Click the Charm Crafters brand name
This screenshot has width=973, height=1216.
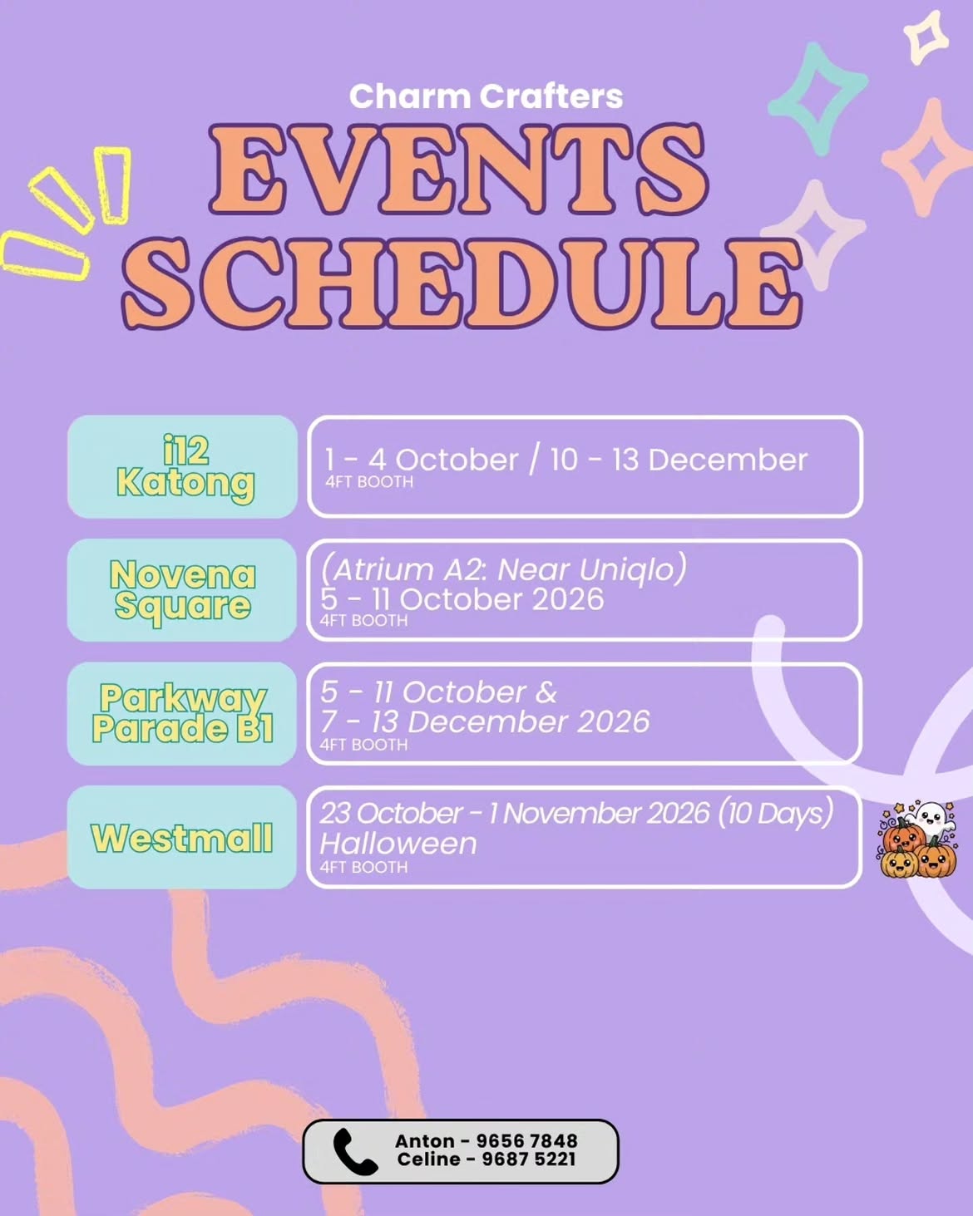point(486,96)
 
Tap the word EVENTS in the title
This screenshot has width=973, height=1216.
point(458,170)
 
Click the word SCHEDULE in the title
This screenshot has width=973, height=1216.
point(462,283)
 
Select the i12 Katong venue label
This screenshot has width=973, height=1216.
point(185,468)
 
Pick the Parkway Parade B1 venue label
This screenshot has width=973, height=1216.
point(183,713)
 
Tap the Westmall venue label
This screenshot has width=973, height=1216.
point(182,838)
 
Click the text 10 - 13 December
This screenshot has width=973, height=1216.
point(679,460)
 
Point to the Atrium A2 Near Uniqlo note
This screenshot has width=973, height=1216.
point(503,569)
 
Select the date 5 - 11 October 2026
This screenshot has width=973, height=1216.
point(462,599)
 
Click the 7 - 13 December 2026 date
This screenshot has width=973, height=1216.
point(485,721)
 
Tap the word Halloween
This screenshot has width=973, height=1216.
point(398,844)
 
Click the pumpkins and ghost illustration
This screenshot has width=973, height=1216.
point(917,839)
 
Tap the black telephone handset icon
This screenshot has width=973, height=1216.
point(355,1152)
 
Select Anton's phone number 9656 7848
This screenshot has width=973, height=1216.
point(527,1141)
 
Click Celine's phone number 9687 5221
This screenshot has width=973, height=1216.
point(529,1159)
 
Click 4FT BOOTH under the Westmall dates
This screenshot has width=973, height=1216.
point(363,867)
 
